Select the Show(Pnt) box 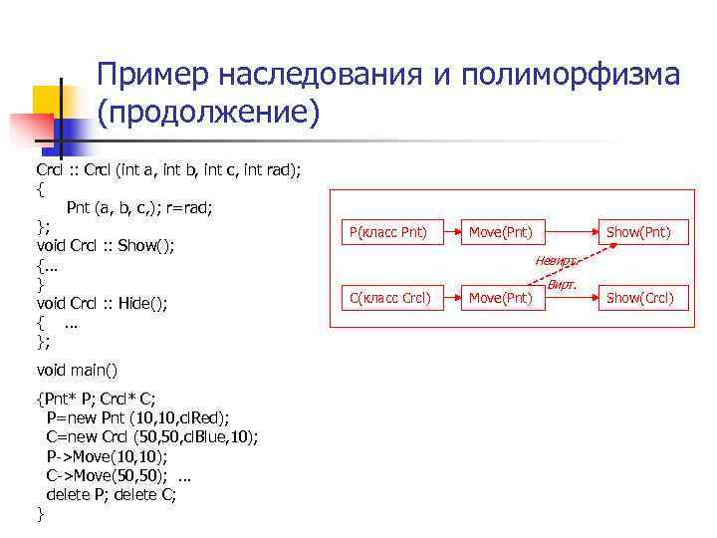639,233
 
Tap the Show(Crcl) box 639,297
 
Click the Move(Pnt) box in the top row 501,233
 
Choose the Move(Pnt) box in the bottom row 501,297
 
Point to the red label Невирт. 555,261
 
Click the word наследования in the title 319,77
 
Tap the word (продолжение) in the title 208,114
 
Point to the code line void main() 77,370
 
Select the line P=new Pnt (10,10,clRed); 138,417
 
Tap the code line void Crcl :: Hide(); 103,304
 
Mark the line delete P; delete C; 112,494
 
